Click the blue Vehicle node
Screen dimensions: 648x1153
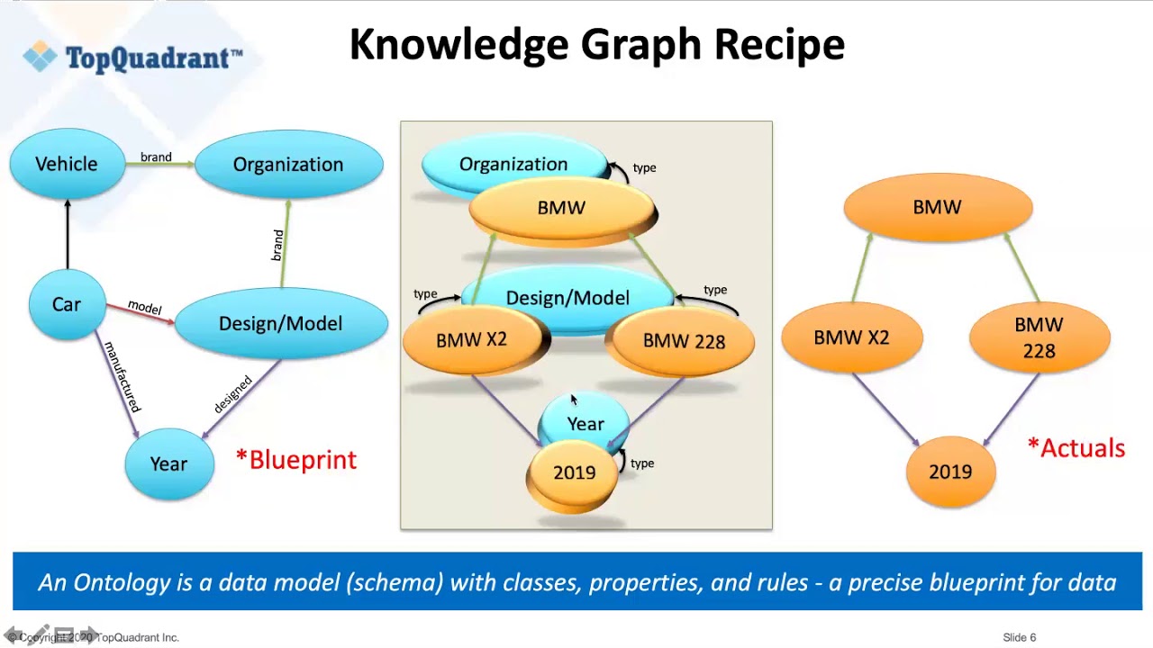coord(67,164)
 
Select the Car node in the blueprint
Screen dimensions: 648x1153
coord(66,304)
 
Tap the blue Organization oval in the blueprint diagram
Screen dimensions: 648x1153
coord(288,165)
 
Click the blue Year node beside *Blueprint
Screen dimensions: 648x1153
coord(168,463)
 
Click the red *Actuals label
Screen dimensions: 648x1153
coord(1076,448)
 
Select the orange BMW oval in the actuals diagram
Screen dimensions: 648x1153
coord(937,208)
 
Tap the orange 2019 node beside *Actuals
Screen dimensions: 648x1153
coord(950,472)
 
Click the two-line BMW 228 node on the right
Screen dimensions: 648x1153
coord(1039,337)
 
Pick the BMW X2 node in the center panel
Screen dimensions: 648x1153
coord(471,340)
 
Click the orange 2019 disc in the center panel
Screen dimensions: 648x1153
coord(574,473)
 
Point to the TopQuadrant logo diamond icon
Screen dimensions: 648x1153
coord(40,57)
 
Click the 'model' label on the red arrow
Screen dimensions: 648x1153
coord(144,307)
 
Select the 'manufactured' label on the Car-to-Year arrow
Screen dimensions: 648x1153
coord(122,377)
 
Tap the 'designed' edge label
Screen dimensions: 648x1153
coord(232,394)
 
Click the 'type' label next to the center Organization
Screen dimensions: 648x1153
coord(644,168)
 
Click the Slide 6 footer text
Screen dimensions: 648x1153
coord(1019,637)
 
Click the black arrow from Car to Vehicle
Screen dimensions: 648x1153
coord(67,233)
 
